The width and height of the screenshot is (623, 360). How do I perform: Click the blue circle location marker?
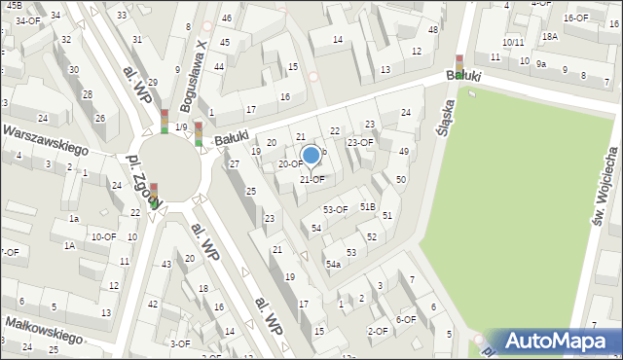[x=311, y=155]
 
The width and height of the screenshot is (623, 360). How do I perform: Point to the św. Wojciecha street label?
[x=605, y=189]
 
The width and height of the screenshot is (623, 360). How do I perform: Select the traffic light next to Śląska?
[x=459, y=65]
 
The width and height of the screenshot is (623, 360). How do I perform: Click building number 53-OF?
[x=336, y=209]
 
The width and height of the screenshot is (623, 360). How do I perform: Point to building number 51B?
[x=367, y=207]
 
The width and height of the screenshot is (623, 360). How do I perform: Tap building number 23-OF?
[x=360, y=142]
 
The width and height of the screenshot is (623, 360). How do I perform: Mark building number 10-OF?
[x=102, y=236]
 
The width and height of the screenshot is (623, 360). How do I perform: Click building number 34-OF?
[x=27, y=20]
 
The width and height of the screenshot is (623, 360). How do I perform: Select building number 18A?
[x=550, y=36]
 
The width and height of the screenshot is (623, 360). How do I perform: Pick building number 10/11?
[x=514, y=43]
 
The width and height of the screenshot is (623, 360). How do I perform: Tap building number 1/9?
[x=181, y=127]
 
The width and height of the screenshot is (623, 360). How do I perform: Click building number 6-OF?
[x=405, y=319]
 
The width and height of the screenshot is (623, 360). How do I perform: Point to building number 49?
[x=403, y=152]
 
